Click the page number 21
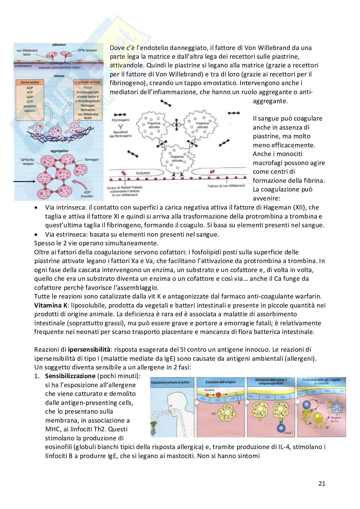tap(322, 484)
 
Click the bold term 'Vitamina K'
tap(49, 305)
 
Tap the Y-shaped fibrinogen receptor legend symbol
tap(120, 126)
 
